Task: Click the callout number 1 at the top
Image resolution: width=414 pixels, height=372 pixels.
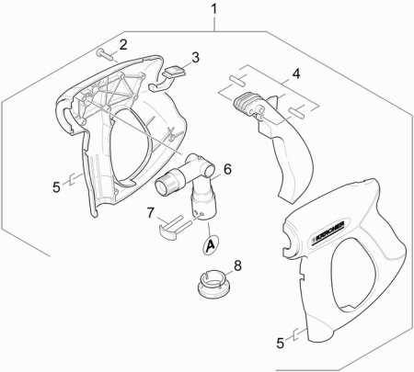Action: pos(214,9)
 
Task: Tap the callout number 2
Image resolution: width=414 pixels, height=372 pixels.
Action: pos(122,45)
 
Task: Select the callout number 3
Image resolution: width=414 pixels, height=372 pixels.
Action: pos(195,57)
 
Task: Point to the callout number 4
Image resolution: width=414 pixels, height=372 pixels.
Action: pos(296,73)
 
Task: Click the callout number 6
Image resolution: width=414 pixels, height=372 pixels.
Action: pos(227,169)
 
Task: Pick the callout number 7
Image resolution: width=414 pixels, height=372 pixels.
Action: pos(150,213)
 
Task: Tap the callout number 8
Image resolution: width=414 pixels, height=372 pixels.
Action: pos(237,265)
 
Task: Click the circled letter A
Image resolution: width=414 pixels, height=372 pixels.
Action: pos(211,244)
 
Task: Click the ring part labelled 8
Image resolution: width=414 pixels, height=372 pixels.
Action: pos(213,283)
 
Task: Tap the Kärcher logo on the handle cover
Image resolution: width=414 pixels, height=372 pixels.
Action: pos(327,232)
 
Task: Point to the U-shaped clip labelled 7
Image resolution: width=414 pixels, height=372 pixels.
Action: pos(172,228)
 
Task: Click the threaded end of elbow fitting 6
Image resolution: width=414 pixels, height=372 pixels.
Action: pos(166,185)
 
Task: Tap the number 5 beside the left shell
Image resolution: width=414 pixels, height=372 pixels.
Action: pos(56,186)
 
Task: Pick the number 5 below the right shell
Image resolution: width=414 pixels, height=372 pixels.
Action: pos(281,343)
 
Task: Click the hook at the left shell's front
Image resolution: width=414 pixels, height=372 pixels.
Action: pos(63,118)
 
